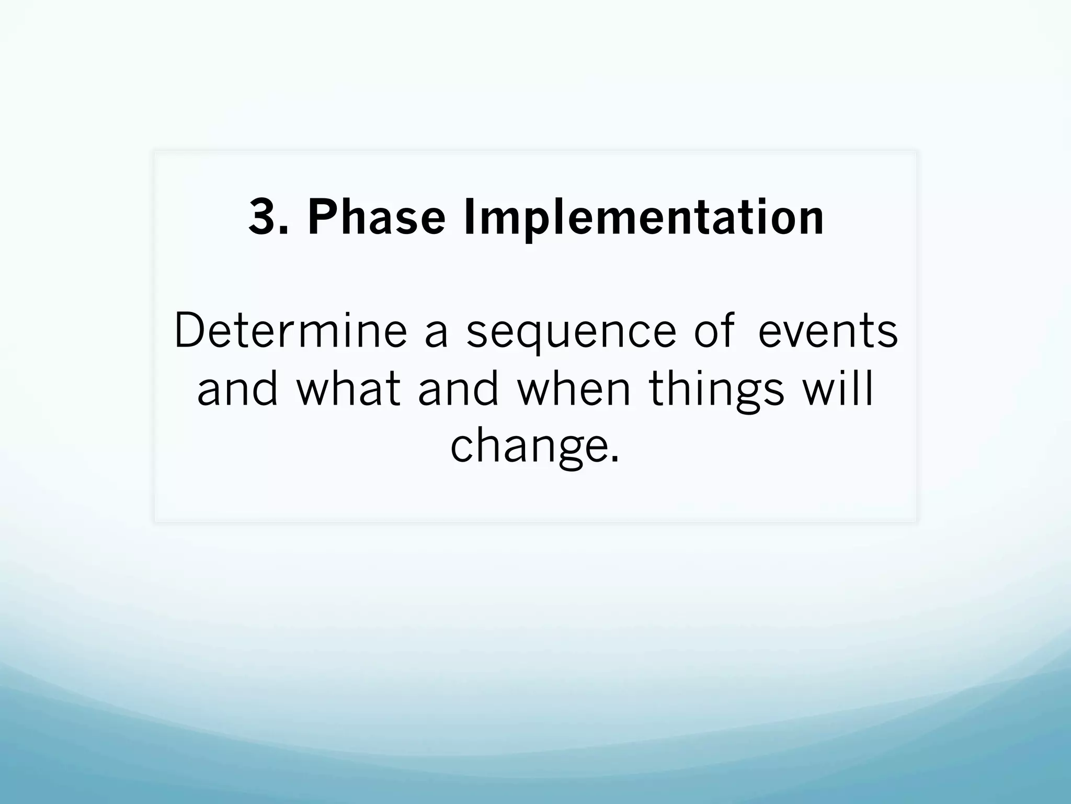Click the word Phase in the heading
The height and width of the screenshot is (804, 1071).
coord(376,217)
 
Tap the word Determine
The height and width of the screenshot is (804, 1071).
coord(290,330)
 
